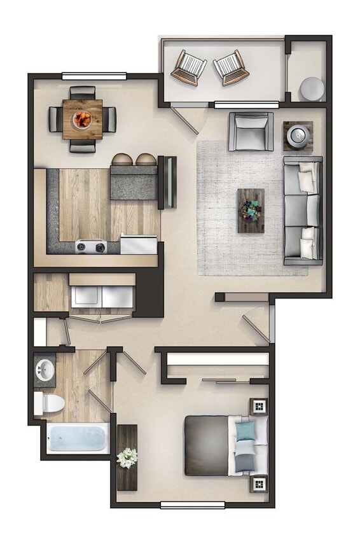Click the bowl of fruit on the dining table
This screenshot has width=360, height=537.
coord(83,118)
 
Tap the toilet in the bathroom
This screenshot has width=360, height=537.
coord(49,402)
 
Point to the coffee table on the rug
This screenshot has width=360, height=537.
coord(251,210)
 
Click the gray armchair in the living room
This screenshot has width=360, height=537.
coord(251,131)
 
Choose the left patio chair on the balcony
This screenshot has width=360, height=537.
coord(188,67)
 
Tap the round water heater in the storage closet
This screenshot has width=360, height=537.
coord(312,88)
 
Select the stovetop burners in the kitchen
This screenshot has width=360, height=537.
coord(91,246)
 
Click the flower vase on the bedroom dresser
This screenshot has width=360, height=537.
coord(127,457)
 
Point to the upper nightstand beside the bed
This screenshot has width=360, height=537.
coord(259,405)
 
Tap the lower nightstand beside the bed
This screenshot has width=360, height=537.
coord(259,484)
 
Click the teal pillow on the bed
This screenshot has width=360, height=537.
coord(245,432)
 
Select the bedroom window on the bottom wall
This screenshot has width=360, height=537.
coord(192,505)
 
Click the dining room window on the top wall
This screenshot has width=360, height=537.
coord(93,77)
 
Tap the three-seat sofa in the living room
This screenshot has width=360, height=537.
coord(303,210)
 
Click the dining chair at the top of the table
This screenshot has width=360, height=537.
coord(82,92)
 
